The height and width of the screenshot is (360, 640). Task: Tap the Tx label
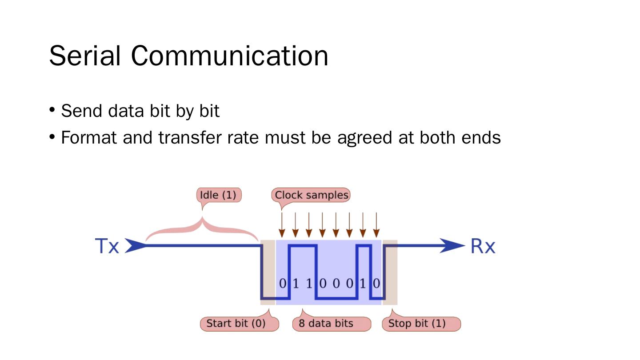107,246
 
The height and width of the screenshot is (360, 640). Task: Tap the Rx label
483,246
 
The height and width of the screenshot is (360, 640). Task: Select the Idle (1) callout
219,195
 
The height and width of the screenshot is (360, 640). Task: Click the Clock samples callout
311,195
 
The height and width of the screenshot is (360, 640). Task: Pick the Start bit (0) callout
239,324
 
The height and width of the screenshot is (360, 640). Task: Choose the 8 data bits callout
332,324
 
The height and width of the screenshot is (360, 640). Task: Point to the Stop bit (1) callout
421,324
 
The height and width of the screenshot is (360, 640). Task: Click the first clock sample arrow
282,225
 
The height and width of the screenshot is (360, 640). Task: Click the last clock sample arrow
376,225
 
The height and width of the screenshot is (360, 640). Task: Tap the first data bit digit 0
282,284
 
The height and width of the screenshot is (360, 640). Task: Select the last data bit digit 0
376,284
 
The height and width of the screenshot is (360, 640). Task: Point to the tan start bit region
268,272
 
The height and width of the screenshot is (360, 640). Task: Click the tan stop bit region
390,272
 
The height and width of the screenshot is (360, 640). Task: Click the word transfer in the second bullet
190,137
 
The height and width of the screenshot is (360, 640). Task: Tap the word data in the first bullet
126,111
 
